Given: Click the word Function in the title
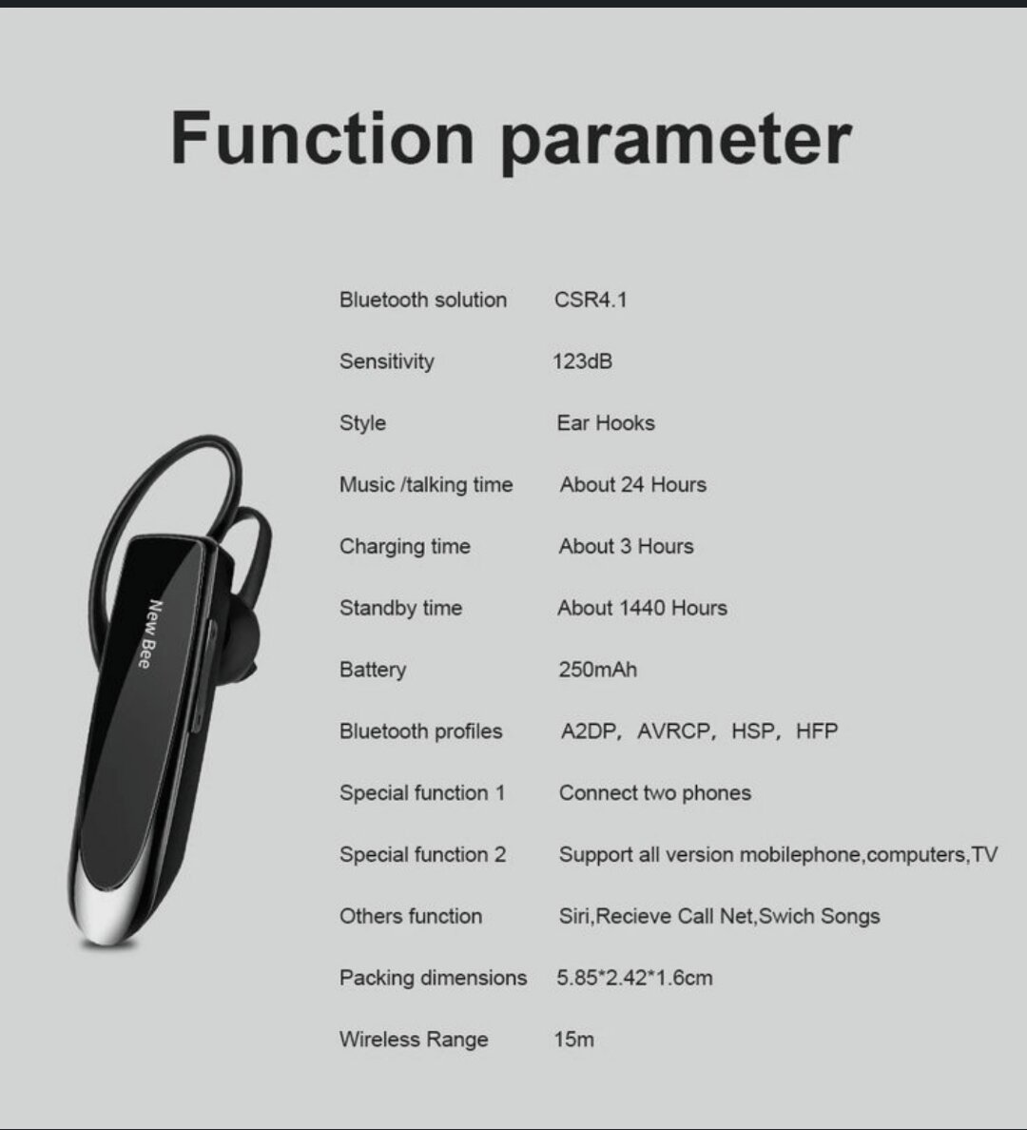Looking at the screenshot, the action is click(x=321, y=139).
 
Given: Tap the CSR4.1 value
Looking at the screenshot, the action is click(x=591, y=300).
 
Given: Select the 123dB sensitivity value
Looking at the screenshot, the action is click(x=582, y=361).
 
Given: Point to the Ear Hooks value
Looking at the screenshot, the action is click(x=606, y=423).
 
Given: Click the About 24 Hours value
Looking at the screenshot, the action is click(x=632, y=485).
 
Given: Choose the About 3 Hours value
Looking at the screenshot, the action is click(x=626, y=547).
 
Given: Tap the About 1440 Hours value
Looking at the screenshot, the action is click(x=642, y=609).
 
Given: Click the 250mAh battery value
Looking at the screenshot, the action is click(x=597, y=670).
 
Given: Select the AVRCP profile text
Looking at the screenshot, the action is click(x=674, y=731).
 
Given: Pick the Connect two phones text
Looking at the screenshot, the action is click(x=654, y=793).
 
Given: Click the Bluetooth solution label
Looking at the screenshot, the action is click(x=422, y=300).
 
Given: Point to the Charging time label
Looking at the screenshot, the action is click(x=404, y=547).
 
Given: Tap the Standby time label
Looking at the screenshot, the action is click(x=400, y=609).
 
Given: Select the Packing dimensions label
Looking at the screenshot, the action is click(x=433, y=978).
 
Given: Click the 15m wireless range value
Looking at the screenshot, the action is click(x=573, y=1040).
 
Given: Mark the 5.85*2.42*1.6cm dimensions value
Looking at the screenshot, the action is click(x=634, y=978).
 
